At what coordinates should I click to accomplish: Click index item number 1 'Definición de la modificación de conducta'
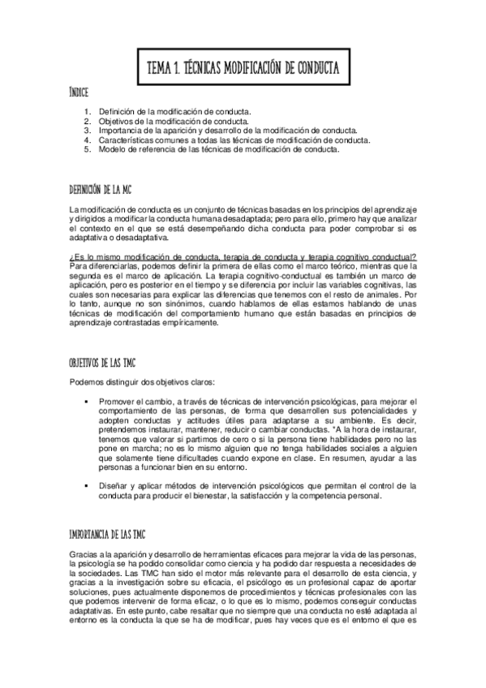coord(174,110)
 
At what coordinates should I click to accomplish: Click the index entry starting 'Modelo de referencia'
coord(219,149)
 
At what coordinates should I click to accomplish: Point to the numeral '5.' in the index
coord(87,149)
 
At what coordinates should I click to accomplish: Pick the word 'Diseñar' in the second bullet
coord(113,485)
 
